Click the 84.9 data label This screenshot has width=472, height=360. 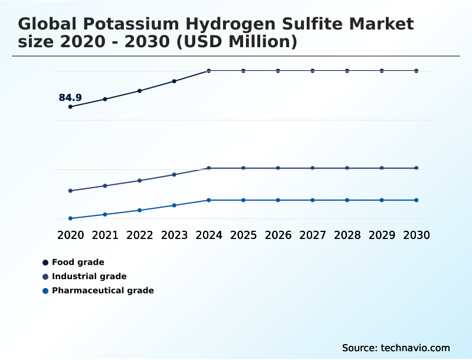(70, 98)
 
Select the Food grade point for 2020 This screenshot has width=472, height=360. (70, 107)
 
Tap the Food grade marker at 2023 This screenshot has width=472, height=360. (174, 81)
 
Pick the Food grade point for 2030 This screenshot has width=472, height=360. (417, 71)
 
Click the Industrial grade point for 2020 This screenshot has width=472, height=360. (70, 191)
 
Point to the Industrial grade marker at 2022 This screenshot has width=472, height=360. (140, 181)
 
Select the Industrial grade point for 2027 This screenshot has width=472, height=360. (313, 168)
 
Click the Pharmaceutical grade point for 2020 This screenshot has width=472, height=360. (70, 218)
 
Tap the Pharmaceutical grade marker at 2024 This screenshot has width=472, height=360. (209, 200)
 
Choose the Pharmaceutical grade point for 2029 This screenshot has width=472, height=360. (382, 200)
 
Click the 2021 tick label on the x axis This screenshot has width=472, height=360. (105, 235)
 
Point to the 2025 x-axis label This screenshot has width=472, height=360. (243, 235)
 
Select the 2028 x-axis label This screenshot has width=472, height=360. (347, 235)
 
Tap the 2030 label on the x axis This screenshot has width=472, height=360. (417, 235)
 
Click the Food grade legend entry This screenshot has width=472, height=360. (78, 262)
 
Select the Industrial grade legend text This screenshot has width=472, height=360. (89, 276)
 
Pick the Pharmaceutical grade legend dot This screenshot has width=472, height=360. (45, 290)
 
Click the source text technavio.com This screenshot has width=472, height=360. (396, 348)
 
